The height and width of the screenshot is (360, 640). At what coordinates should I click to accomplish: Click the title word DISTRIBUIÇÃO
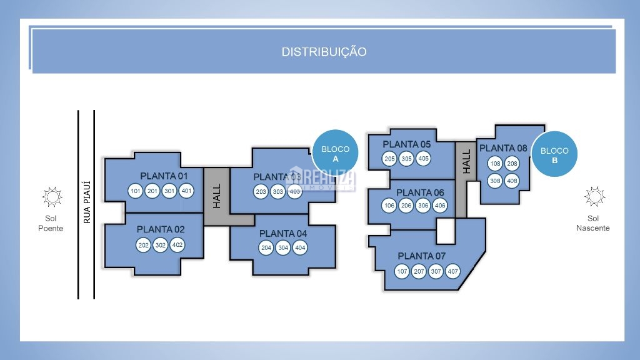click(324, 52)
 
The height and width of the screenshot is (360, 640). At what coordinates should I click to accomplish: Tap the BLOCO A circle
click(335, 154)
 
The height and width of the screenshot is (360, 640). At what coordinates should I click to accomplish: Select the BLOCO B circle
click(554, 154)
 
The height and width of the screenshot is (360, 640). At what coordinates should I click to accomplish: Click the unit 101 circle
click(136, 191)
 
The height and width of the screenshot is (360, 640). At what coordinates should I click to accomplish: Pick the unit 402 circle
click(177, 245)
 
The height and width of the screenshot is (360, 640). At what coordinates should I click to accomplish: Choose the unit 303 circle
click(278, 191)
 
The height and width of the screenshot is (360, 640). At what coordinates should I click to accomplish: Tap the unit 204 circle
click(266, 248)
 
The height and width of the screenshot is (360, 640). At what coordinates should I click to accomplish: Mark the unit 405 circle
click(424, 159)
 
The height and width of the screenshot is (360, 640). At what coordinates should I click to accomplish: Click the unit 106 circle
click(389, 206)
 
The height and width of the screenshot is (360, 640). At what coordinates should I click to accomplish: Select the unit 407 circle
click(453, 272)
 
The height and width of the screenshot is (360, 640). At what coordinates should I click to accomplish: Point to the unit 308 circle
click(496, 181)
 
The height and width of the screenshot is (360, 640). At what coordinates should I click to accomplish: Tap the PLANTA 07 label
click(424, 256)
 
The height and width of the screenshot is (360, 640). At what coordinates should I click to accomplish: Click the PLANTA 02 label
click(161, 229)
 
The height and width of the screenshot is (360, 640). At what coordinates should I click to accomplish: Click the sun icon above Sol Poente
click(52, 197)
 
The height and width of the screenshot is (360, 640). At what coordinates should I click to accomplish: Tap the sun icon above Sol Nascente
click(594, 196)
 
